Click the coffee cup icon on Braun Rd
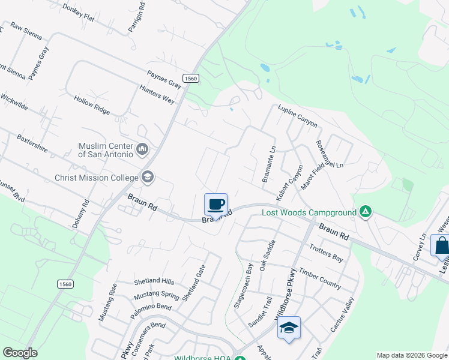[x=216, y=204]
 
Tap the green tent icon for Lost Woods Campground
[x=365, y=212]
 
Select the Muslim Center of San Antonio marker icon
[x=142, y=148]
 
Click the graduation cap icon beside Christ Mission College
[x=147, y=177]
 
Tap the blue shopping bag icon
[x=441, y=246]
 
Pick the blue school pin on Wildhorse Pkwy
[x=289, y=328]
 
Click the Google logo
[x=20, y=353]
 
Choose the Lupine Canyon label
[x=297, y=116]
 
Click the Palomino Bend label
[x=151, y=307]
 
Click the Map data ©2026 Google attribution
[x=412, y=355]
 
